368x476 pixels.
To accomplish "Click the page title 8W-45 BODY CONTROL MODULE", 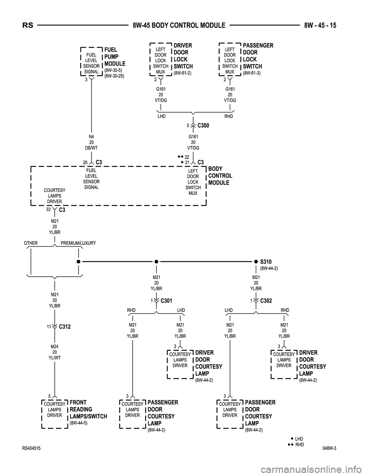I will pyautogui.click(x=179, y=26).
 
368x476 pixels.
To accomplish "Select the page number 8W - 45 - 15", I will pyautogui.click(x=320, y=26).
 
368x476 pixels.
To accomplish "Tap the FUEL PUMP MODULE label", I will pyautogui.click(x=115, y=57).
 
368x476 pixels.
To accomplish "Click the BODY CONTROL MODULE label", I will pyautogui.click(x=220, y=176).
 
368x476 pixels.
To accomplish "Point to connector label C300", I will pyautogui.click(x=203, y=125).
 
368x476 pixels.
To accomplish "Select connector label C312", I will pyautogui.click(x=65, y=327).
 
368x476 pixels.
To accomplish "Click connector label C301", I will pyautogui.click(x=167, y=301).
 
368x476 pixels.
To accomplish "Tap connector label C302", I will pyautogui.click(x=266, y=301).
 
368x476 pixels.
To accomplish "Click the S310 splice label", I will pyautogui.click(x=266, y=262).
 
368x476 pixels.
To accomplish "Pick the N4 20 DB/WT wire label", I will pyautogui.click(x=92, y=142).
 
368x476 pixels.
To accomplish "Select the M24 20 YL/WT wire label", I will pyautogui.click(x=55, y=352).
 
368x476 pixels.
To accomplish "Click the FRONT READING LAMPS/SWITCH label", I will pyautogui.click(x=88, y=409).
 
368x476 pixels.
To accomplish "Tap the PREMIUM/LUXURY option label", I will pyautogui.click(x=78, y=243).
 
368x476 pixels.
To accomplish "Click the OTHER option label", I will pyautogui.click(x=31, y=243).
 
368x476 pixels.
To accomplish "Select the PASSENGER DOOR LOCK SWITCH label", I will pyautogui.click(x=258, y=56).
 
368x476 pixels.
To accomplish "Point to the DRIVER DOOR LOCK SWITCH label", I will pyautogui.click(x=183, y=56).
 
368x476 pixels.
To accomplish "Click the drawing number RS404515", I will pyautogui.click(x=32, y=448).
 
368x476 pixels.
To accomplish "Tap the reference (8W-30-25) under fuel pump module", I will pyautogui.click(x=114, y=76).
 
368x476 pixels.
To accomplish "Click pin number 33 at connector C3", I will pyautogui.click(x=48, y=209).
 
